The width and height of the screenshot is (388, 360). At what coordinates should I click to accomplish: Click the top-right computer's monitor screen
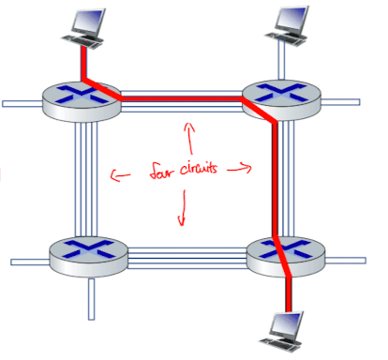pos(292,19)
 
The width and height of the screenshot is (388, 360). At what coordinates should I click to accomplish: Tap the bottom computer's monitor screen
pos(286,325)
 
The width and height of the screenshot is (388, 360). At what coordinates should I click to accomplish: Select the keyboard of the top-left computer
pos(82,41)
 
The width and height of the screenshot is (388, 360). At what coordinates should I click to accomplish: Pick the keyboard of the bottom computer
pos(280,344)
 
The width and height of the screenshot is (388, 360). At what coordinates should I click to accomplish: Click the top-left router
pos(82,101)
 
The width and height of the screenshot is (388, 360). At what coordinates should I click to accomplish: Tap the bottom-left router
pos(89,257)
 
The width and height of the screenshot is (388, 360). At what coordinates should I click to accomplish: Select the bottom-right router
pos(286,257)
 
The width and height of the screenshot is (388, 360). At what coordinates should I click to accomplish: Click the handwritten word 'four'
pos(160,171)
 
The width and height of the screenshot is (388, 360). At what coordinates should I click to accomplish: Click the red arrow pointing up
pos(189,139)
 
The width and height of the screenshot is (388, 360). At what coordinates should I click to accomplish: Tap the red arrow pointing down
pos(183,207)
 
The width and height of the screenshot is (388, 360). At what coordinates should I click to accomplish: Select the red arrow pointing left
pos(121,175)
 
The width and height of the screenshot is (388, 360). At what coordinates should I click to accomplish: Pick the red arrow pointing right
pos(239,169)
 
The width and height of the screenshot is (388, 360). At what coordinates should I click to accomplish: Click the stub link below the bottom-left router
pos(91,299)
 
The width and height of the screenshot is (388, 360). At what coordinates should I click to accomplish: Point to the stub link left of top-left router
pos(22,103)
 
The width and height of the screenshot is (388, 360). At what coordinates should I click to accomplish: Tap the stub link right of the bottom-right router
pos(345,261)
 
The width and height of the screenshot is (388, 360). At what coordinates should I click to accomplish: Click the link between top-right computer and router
pos(281,59)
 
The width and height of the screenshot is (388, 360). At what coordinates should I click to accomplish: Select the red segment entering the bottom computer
pos(289,294)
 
